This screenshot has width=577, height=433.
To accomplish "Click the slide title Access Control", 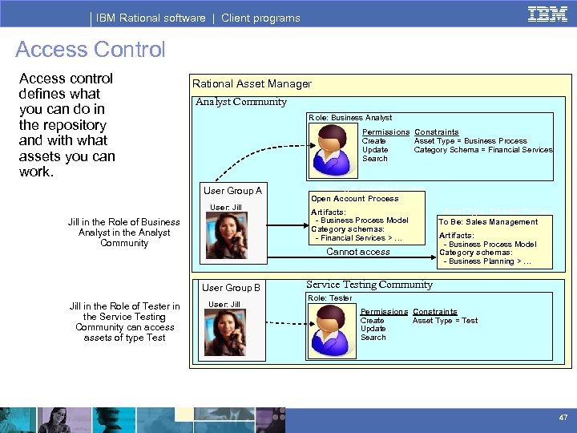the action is click(x=90, y=50).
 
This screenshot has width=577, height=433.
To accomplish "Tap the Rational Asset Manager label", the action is click(x=252, y=83).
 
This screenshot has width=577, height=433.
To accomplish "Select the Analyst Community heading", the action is click(x=241, y=102).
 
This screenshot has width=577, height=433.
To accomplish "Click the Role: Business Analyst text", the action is click(x=350, y=118).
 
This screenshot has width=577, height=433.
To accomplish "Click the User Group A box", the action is click(x=232, y=191).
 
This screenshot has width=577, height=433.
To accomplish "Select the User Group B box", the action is click(x=231, y=288).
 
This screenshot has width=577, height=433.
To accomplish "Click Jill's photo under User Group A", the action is click(x=226, y=236).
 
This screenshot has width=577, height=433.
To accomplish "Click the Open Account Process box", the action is click(x=354, y=199).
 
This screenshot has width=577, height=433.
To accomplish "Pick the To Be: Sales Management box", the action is click(x=488, y=222).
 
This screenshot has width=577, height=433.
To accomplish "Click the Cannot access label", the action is click(x=358, y=252).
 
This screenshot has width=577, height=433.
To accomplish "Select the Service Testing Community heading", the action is click(x=369, y=285).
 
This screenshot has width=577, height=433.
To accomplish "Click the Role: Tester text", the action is click(x=330, y=298).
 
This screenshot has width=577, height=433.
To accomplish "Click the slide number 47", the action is click(x=562, y=419).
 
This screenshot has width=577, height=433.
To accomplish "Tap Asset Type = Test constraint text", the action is click(x=445, y=321).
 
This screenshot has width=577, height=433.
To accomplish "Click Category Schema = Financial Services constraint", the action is click(x=483, y=150).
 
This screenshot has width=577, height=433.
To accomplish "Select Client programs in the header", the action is click(x=260, y=18).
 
